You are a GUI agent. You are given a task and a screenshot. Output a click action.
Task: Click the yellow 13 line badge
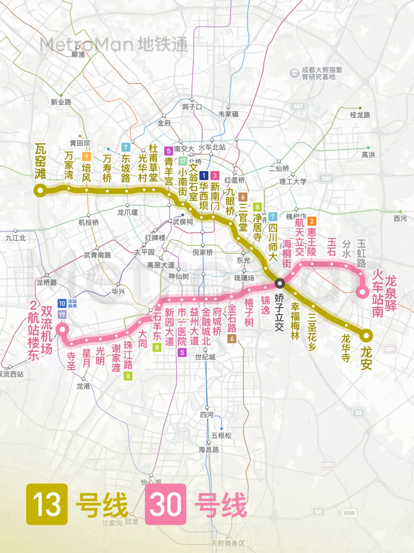click(47, 504)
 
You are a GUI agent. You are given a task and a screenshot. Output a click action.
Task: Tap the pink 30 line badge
click(166, 504)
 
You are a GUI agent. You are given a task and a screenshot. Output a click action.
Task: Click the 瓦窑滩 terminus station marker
click(40, 190)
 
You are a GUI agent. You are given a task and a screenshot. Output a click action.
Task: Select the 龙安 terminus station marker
click(366, 336)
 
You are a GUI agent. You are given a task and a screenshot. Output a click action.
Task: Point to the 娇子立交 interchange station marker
click(280, 283)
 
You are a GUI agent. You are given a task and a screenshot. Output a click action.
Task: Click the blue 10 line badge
click(62, 303)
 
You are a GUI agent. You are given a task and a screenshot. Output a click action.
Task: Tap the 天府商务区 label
click(227, 543)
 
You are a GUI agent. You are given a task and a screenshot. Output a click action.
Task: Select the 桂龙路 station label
click(360, 115)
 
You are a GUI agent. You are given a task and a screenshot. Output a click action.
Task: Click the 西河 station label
click(400, 219)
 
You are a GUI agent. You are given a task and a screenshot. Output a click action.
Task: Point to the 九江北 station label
click(16, 238)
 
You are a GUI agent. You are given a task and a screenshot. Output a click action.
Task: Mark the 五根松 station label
click(222, 435)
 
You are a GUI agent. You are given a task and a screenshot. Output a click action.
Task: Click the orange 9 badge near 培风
click(87, 156)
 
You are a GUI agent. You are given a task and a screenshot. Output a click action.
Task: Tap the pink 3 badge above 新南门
click(215, 176)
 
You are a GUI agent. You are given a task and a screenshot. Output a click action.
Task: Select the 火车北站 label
click(212, 147)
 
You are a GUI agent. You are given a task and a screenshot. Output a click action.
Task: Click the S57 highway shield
click(298, 106)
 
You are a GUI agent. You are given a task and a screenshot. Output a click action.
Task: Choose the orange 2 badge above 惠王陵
click(312, 221)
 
